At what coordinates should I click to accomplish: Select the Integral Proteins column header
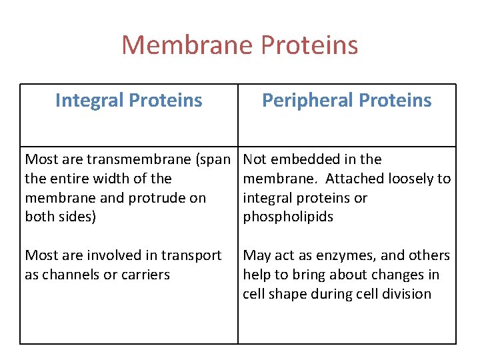(x=129, y=100)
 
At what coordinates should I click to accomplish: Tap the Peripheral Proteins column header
(x=347, y=100)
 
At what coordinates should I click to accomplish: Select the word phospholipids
(x=288, y=217)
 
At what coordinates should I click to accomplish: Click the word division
(x=407, y=294)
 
